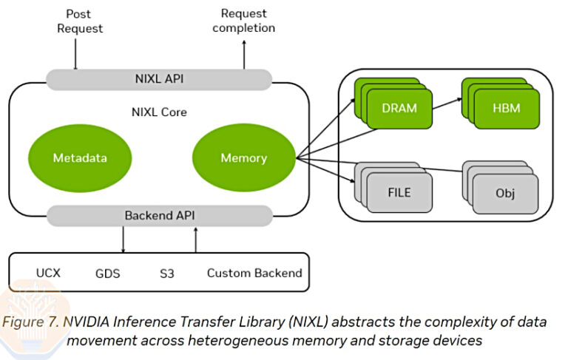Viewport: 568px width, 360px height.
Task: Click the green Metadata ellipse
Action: pos(80,158)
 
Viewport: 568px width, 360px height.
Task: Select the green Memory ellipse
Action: pos(243,158)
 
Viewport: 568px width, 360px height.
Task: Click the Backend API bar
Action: pos(159,215)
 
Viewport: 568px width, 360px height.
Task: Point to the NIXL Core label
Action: pos(158,112)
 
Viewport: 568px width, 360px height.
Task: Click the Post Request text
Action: pos(78,21)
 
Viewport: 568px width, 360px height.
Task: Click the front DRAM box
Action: pos(399,109)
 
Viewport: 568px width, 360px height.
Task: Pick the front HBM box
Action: pos(506,109)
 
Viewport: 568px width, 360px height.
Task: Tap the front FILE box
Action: pos(399,194)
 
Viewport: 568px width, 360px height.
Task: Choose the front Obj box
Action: pos(505,194)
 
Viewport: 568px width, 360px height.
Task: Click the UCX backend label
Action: pos(48,273)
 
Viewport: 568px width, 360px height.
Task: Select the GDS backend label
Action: pos(108,273)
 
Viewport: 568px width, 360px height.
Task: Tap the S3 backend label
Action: pos(166,273)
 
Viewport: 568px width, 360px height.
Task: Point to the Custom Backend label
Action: pos(254,273)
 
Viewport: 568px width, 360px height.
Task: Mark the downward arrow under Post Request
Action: pos(75,52)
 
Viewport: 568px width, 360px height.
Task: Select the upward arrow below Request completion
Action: pos(243,55)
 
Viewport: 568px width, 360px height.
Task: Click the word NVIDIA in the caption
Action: pos(88,322)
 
